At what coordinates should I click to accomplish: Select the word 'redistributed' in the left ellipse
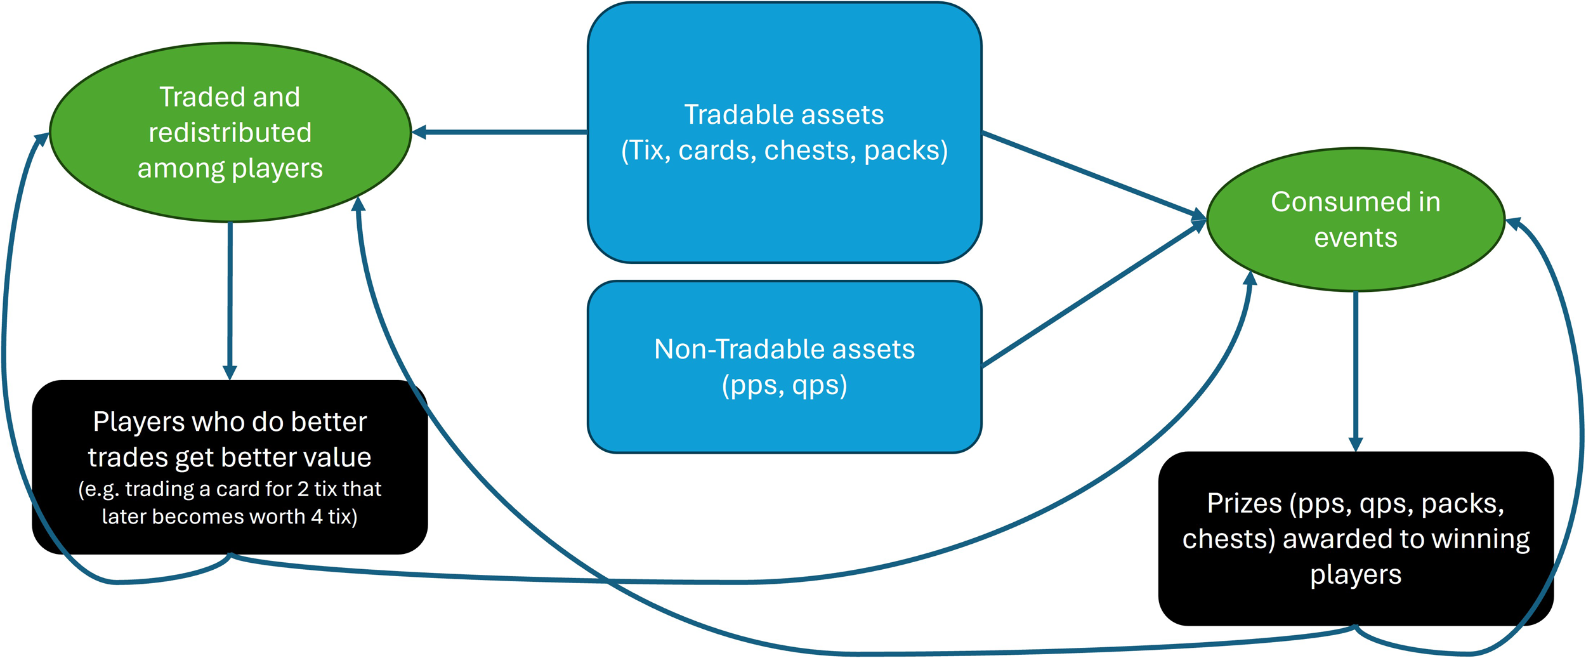pos(230,133)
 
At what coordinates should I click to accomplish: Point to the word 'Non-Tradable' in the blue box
pos(738,349)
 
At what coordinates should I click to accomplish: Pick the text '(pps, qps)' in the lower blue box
pos(785,385)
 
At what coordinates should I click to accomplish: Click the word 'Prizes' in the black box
pos(1245,503)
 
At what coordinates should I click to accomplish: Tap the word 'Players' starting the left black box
pos(138,422)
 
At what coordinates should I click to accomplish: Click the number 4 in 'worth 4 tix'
pos(317,517)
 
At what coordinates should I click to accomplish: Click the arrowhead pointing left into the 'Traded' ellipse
pos(419,132)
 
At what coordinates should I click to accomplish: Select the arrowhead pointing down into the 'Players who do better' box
pos(230,372)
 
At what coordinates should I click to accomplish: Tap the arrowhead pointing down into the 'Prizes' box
pos(1356,444)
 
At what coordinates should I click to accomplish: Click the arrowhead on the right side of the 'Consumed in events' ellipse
pos(1514,223)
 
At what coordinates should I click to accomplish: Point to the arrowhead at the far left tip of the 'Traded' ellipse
pos(42,139)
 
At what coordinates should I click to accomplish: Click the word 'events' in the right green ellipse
pos(1356,238)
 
